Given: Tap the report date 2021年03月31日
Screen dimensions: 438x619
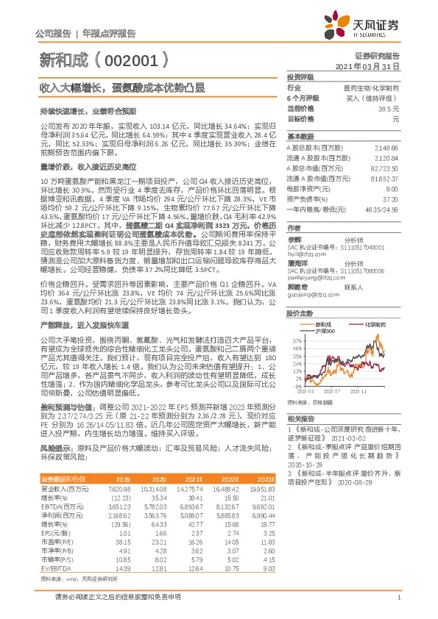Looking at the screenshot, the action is (370, 66).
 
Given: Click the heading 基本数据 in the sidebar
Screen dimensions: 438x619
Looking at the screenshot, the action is (300, 137).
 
